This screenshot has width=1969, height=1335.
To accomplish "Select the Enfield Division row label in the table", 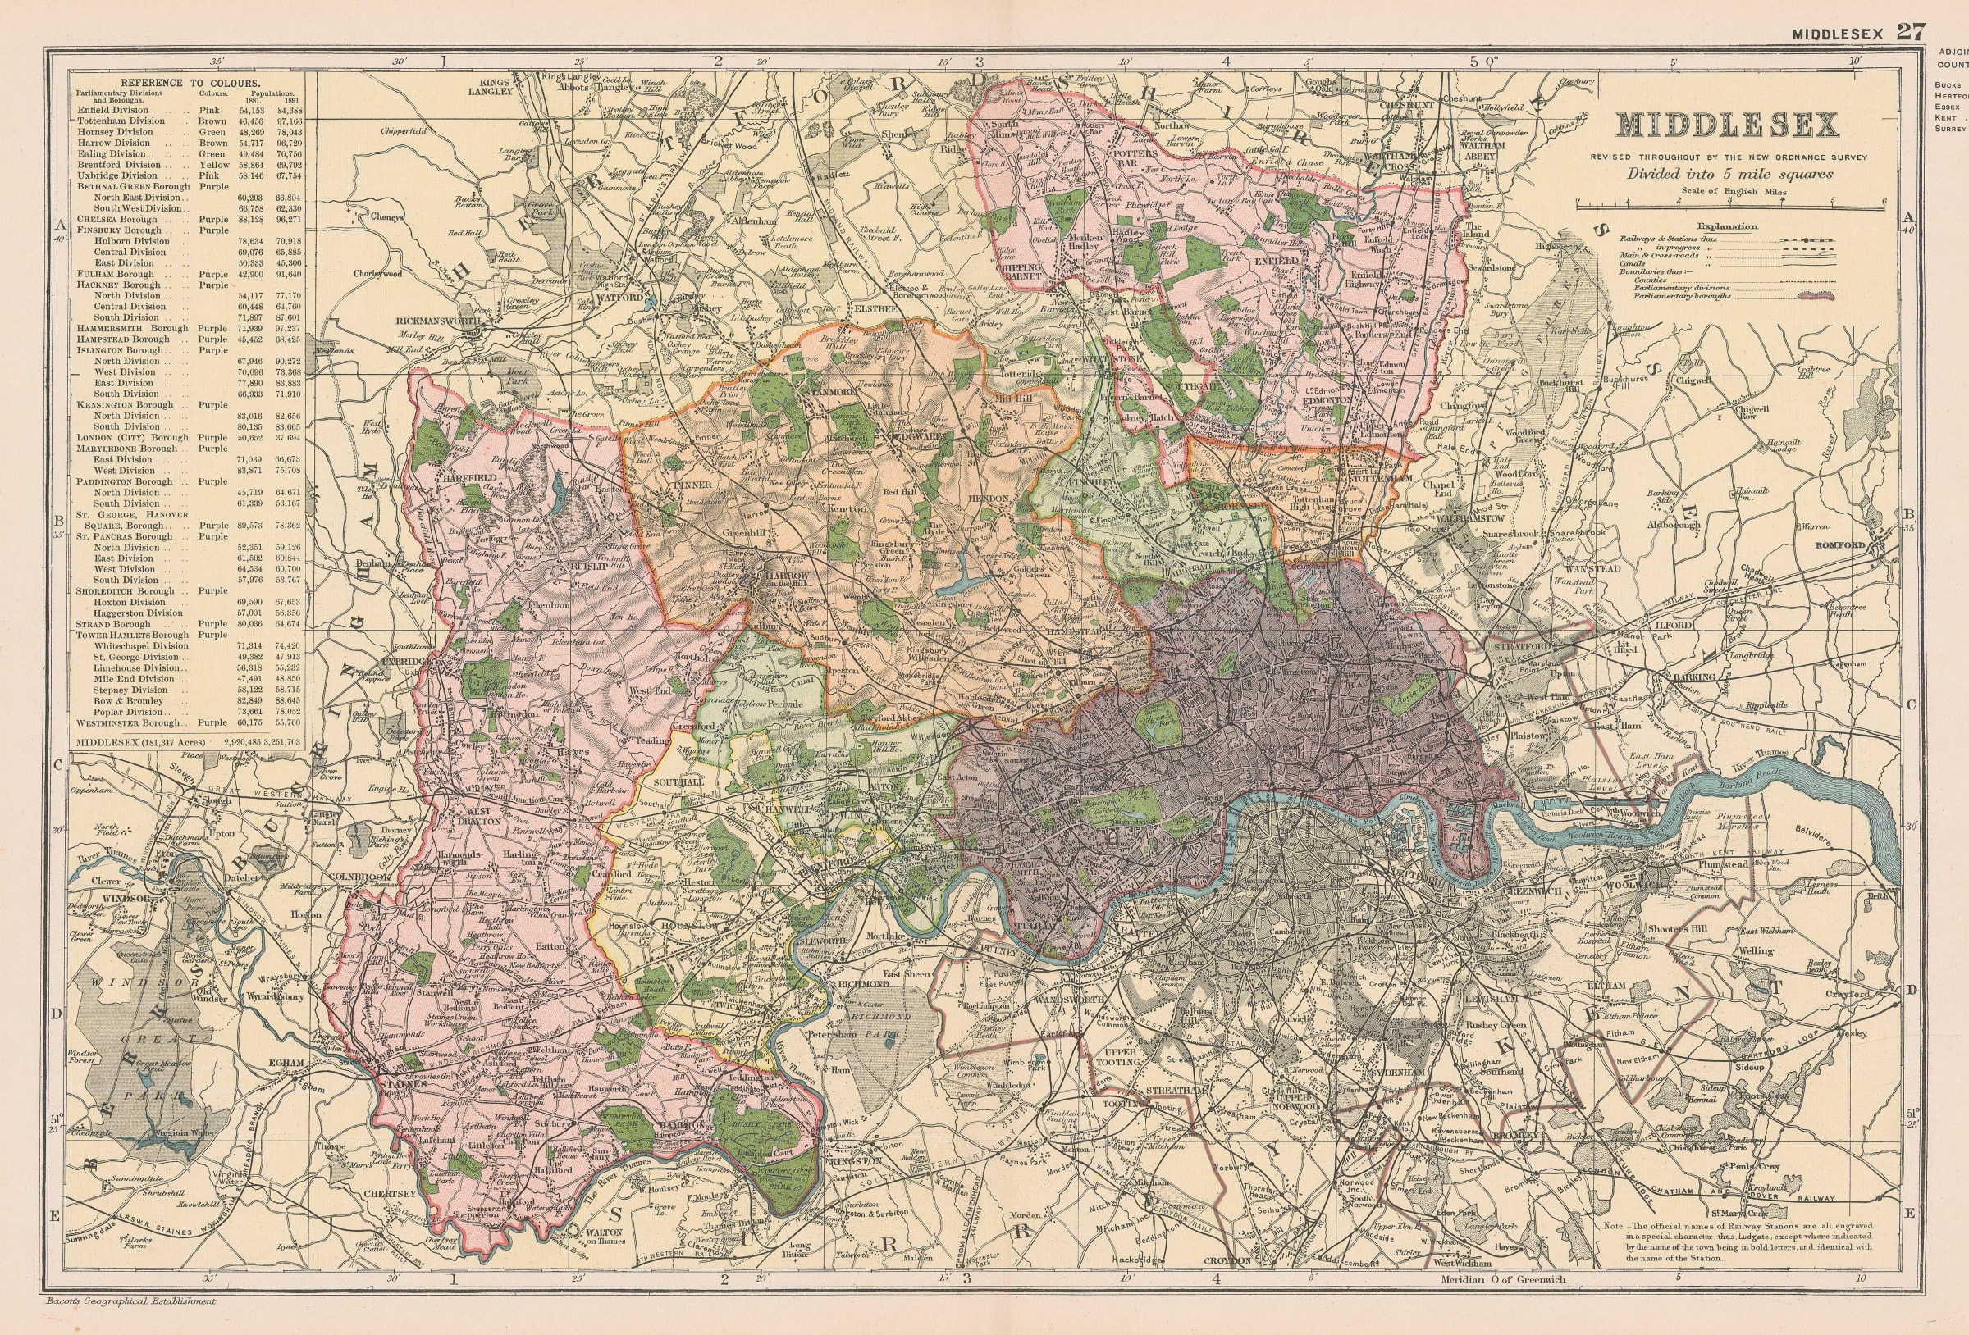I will pos(112,110).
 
